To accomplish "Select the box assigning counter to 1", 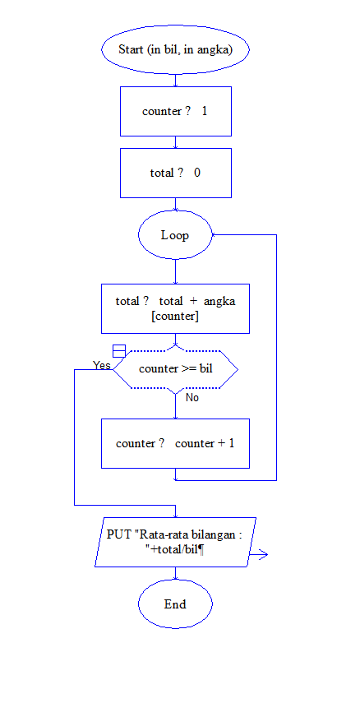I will tap(175, 111).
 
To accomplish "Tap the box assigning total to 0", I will tap(175, 173).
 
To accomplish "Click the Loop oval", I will tap(175, 235).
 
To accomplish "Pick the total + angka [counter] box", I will tap(175, 308).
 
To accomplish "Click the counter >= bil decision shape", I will tap(175, 369).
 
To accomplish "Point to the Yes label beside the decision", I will tap(102, 365).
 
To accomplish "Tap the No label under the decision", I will tap(192, 397).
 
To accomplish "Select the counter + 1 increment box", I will tap(175, 443).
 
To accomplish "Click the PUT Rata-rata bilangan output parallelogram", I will tap(175, 542).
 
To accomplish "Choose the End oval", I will tap(175, 604).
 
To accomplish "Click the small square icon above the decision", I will tap(118, 351).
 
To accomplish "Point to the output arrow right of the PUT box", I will tap(259, 556).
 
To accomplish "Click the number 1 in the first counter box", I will tap(204, 111).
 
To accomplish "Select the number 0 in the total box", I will tap(197, 173).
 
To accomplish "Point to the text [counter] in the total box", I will tap(175, 317).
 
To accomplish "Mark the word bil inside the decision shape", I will tap(205, 369).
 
